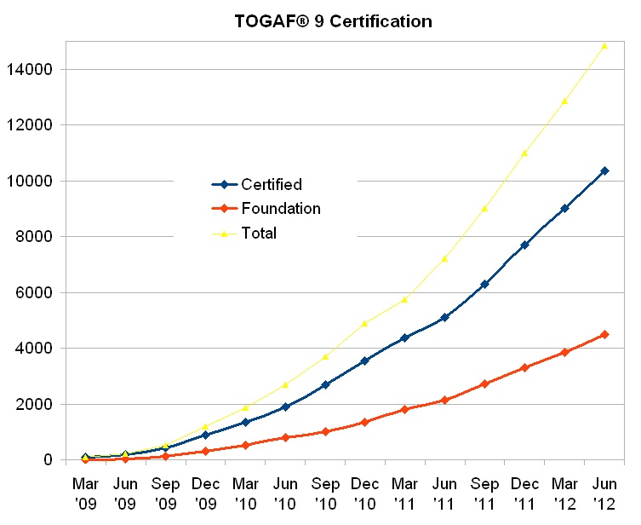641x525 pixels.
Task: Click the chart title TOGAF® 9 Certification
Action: [333, 21]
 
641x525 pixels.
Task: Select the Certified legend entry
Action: [271, 184]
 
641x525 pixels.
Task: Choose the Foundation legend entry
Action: [280, 208]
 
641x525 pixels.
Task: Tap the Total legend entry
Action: [259, 233]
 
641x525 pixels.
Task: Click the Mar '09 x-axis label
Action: [85, 492]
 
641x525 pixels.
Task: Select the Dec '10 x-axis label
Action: [364, 492]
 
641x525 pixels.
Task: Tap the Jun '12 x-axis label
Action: [604, 492]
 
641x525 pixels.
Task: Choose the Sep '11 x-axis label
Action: [484, 492]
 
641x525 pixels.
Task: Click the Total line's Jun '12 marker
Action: [604, 45]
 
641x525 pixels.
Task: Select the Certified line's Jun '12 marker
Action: [604, 171]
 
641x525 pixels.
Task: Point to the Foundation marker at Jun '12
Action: [604, 334]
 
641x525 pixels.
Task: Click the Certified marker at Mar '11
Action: [404, 337]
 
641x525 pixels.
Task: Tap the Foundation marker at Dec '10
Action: [364, 422]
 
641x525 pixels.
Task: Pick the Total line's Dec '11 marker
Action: [524, 153]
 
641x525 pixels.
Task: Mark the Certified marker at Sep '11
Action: [484, 284]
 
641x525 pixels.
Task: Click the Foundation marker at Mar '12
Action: [564, 352]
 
